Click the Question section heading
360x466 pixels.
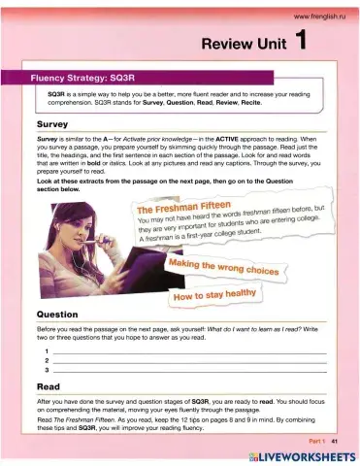[x=59, y=315]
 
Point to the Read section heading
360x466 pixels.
[x=47, y=385]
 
